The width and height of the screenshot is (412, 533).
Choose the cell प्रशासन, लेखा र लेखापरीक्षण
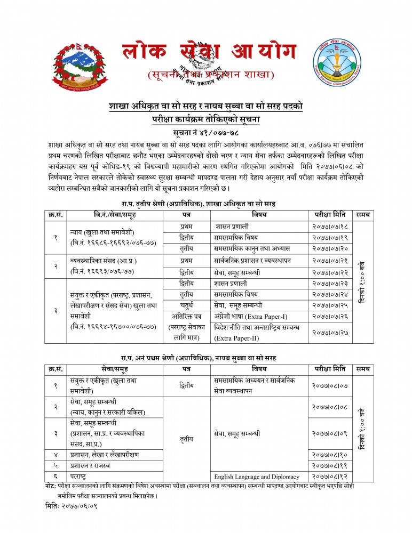[x=104, y=455]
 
